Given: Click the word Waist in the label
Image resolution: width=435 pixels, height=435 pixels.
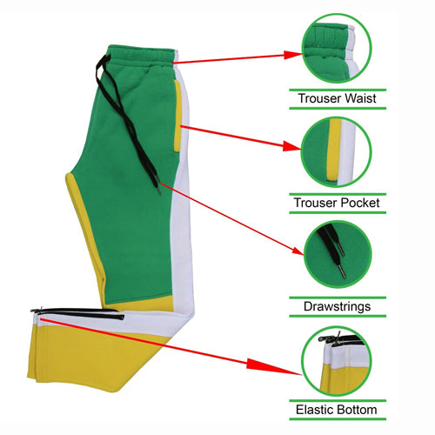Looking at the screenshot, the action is pos(360,98).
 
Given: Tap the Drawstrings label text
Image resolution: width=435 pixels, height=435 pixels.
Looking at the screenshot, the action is pos(337,307).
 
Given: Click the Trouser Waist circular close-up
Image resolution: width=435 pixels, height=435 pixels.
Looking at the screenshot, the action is pos(337,49).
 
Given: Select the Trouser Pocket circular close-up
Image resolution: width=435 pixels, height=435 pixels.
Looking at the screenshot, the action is pos(337,152).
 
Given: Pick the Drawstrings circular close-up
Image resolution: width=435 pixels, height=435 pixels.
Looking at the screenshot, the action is pos(338,255).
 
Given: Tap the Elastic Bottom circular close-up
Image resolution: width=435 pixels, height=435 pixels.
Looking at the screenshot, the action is pos(337,361).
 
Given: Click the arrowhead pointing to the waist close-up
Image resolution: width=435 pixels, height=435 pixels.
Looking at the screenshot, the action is pos(293,55).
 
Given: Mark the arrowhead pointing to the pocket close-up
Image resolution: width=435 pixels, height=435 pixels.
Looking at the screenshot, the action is pos(292,146).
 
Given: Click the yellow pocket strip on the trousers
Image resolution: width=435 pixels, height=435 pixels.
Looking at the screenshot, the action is pos(177,116).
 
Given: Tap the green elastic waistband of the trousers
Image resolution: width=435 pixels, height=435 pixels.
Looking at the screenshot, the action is pos(142,55).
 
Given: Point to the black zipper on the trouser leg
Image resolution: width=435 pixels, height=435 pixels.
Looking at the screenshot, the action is pos(77,312).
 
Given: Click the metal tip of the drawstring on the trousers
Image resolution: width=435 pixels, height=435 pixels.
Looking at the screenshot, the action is pos(158,190).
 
